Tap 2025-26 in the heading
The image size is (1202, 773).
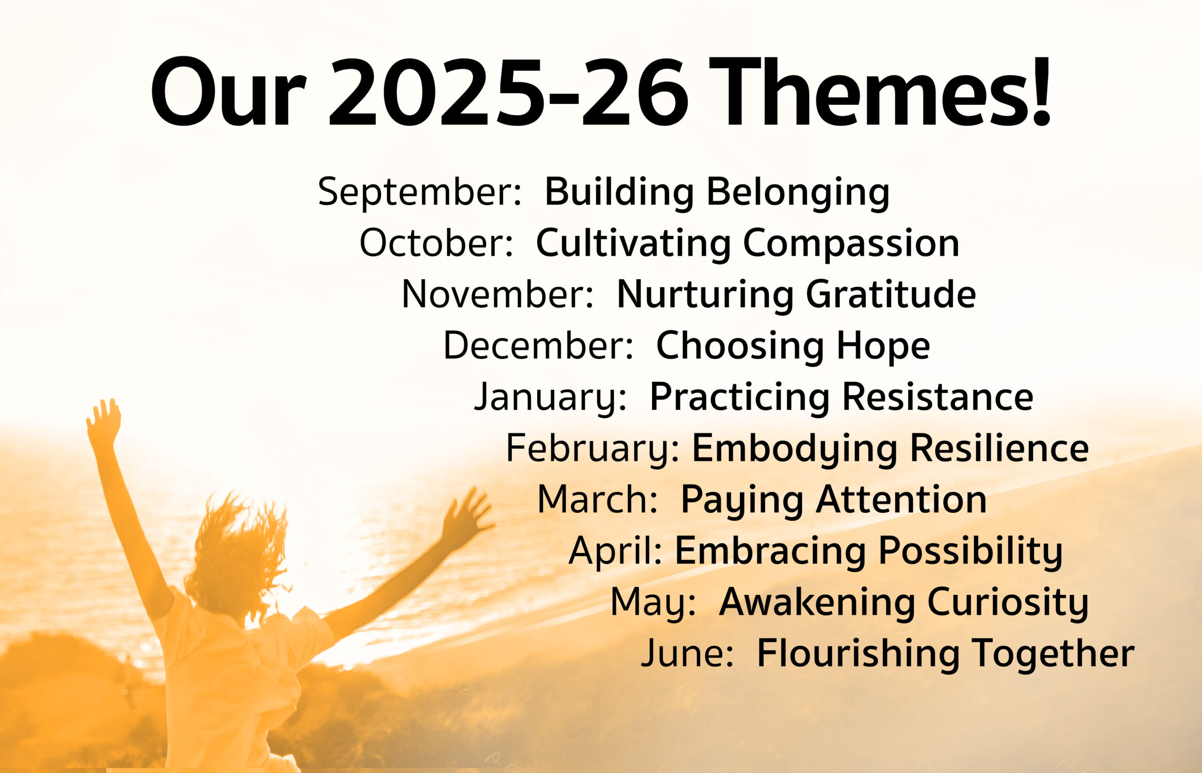click(x=509, y=92)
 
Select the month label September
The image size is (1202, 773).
click(x=420, y=192)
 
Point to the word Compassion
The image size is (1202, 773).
click(x=851, y=244)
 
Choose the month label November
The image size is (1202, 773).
click(x=497, y=294)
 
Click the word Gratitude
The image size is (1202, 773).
click(x=890, y=294)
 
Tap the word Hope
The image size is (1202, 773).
click(x=883, y=346)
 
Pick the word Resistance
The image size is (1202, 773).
click(x=937, y=397)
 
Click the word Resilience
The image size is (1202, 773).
click(x=999, y=448)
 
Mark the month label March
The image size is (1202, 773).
click(x=597, y=499)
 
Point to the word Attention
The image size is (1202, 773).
click(x=901, y=499)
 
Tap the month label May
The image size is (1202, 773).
click(x=653, y=603)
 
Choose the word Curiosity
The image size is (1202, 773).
click(x=1007, y=603)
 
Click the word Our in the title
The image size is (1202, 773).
click(x=228, y=92)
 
